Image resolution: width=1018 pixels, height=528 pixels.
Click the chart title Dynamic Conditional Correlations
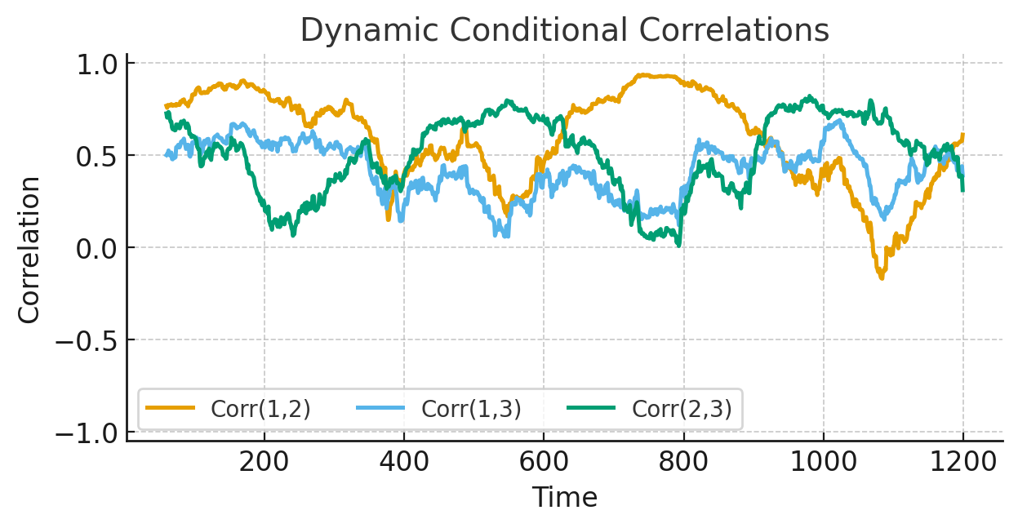pyautogui.click(x=564, y=31)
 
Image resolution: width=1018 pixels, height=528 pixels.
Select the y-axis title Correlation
pyautogui.click(x=29, y=249)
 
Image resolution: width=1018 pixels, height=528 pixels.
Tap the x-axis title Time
pyautogui.click(x=564, y=497)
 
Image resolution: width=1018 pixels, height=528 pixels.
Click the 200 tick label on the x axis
pyautogui.click(x=264, y=463)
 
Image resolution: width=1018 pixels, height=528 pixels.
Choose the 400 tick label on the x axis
pyautogui.click(x=404, y=463)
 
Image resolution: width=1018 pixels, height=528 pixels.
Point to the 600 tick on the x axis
pyautogui.click(x=544, y=463)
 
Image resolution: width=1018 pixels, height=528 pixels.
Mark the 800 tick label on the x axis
pyautogui.click(x=683, y=463)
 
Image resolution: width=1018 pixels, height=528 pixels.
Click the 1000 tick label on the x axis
pyautogui.click(x=823, y=463)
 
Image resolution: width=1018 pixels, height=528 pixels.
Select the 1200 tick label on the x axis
pyautogui.click(x=963, y=463)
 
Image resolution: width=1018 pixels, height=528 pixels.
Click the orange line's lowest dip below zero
pyautogui.click(x=882, y=278)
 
